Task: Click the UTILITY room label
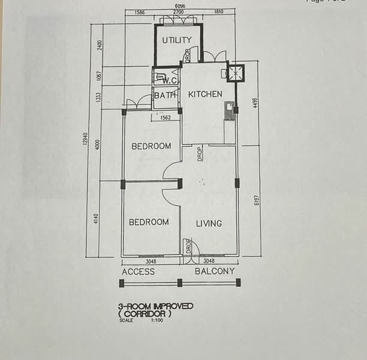pyautogui.click(x=177, y=40)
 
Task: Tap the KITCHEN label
pyautogui.click(x=205, y=94)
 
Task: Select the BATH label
pyautogui.click(x=165, y=95)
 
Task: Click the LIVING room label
pyautogui.click(x=209, y=223)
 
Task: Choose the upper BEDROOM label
pyautogui.click(x=151, y=146)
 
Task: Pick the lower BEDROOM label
pyautogui.click(x=149, y=222)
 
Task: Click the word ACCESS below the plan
pyautogui.click(x=138, y=272)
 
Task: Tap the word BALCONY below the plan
pyautogui.click(x=215, y=272)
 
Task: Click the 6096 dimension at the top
pyautogui.click(x=180, y=5)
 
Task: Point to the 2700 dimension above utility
pyautogui.click(x=178, y=12)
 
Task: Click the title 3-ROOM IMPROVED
pyautogui.click(x=156, y=306)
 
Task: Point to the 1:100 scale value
pyautogui.click(x=157, y=320)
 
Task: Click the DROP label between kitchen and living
pyautogui.click(x=200, y=154)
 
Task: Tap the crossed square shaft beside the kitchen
pyautogui.click(x=235, y=73)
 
